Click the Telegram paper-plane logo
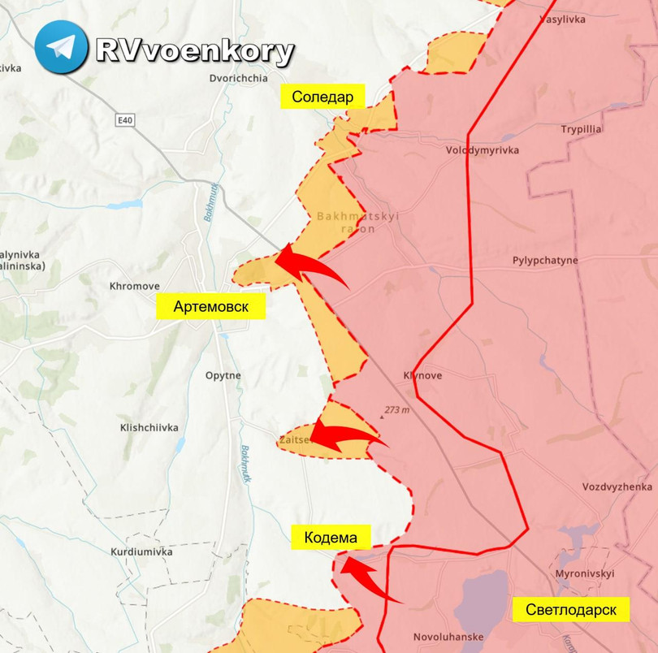point(60,47)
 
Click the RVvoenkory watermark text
point(194,50)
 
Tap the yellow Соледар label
point(323,97)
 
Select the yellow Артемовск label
point(210,306)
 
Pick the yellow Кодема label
point(331,537)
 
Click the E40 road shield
point(124,120)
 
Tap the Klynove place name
point(422,376)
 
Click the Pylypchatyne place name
point(545,261)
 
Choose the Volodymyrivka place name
point(482,150)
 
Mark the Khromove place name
point(134,286)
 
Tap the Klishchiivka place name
point(149,427)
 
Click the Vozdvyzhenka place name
point(617,487)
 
